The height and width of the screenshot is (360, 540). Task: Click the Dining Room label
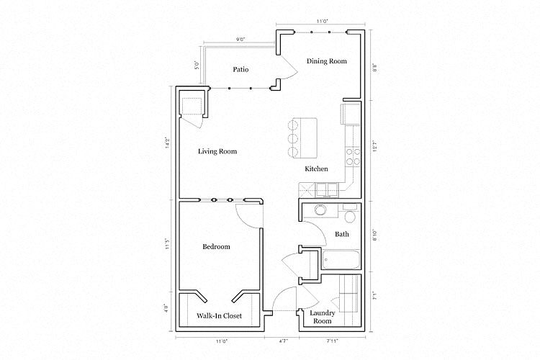point(327,61)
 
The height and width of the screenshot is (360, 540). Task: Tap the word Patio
point(240,70)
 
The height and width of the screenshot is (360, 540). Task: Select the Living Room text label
point(217,151)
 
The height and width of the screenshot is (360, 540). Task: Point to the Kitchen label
point(316,168)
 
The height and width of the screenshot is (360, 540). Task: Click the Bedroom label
point(216,247)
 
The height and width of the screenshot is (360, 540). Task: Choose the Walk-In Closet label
point(219,316)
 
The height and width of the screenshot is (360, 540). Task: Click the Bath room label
point(342,234)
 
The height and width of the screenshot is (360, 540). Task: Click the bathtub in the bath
point(341,260)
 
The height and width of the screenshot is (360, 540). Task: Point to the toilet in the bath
point(350,215)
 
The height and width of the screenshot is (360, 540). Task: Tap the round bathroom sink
point(319,211)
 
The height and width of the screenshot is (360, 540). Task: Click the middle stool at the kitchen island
point(292,138)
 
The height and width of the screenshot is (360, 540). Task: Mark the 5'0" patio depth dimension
point(197,65)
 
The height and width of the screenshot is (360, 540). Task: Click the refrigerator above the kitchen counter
point(351,113)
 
